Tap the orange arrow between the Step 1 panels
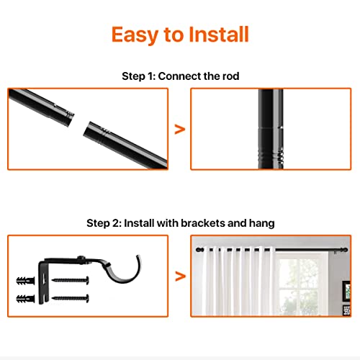click(x=180, y=129)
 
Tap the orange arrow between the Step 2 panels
click(x=180, y=274)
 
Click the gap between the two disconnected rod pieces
click(x=79, y=119)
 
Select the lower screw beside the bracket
click(x=73, y=297)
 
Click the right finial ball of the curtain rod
click(x=346, y=251)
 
